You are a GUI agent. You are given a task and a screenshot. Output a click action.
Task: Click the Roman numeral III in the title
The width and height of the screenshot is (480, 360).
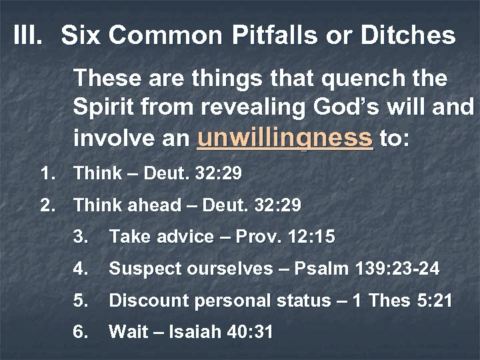[29, 36]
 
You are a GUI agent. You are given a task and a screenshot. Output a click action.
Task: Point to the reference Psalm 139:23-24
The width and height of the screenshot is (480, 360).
[369, 269]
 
